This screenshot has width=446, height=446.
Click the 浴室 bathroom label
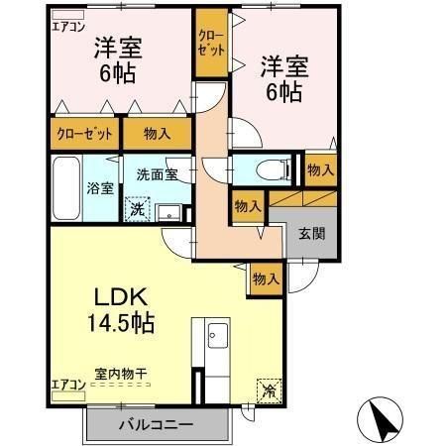click(x=99, y=187)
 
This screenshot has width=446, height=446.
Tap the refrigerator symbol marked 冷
click(x=269, y=390)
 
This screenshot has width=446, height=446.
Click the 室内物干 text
click(x=121, y=374)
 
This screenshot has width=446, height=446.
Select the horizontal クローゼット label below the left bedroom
click(x=83, y=132)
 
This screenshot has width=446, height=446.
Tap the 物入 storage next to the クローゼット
click(x=157, y=132)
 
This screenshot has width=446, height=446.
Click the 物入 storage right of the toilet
click(x=319, y=170)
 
